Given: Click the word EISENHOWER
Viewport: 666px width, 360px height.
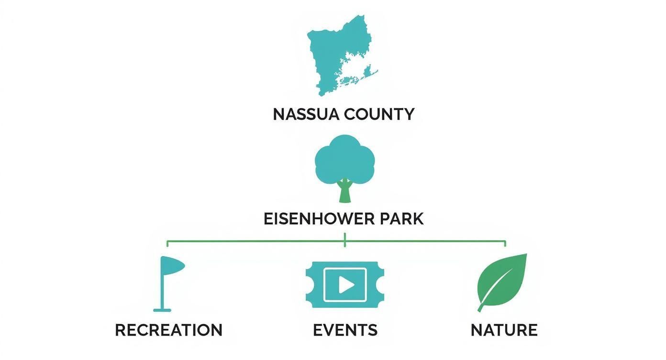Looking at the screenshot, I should click(x=318, y=219).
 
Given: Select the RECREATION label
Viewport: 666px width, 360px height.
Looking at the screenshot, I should click(x=168, y=330).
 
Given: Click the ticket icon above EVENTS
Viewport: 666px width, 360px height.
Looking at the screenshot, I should click(x=344, y=284).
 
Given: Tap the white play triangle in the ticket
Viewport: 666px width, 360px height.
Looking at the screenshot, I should click(x=346, y=285).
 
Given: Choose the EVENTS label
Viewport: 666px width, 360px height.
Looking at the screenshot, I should click(x=345, y=330).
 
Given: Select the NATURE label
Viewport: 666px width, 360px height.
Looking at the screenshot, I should click(x=504, y=330).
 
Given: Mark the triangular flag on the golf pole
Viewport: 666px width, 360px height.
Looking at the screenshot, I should click(x=173, y=265).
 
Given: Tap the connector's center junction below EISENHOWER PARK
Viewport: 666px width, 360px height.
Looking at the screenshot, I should click(x=344, y=241).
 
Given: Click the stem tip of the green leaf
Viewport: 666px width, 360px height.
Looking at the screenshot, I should click(x=479, y=310).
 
